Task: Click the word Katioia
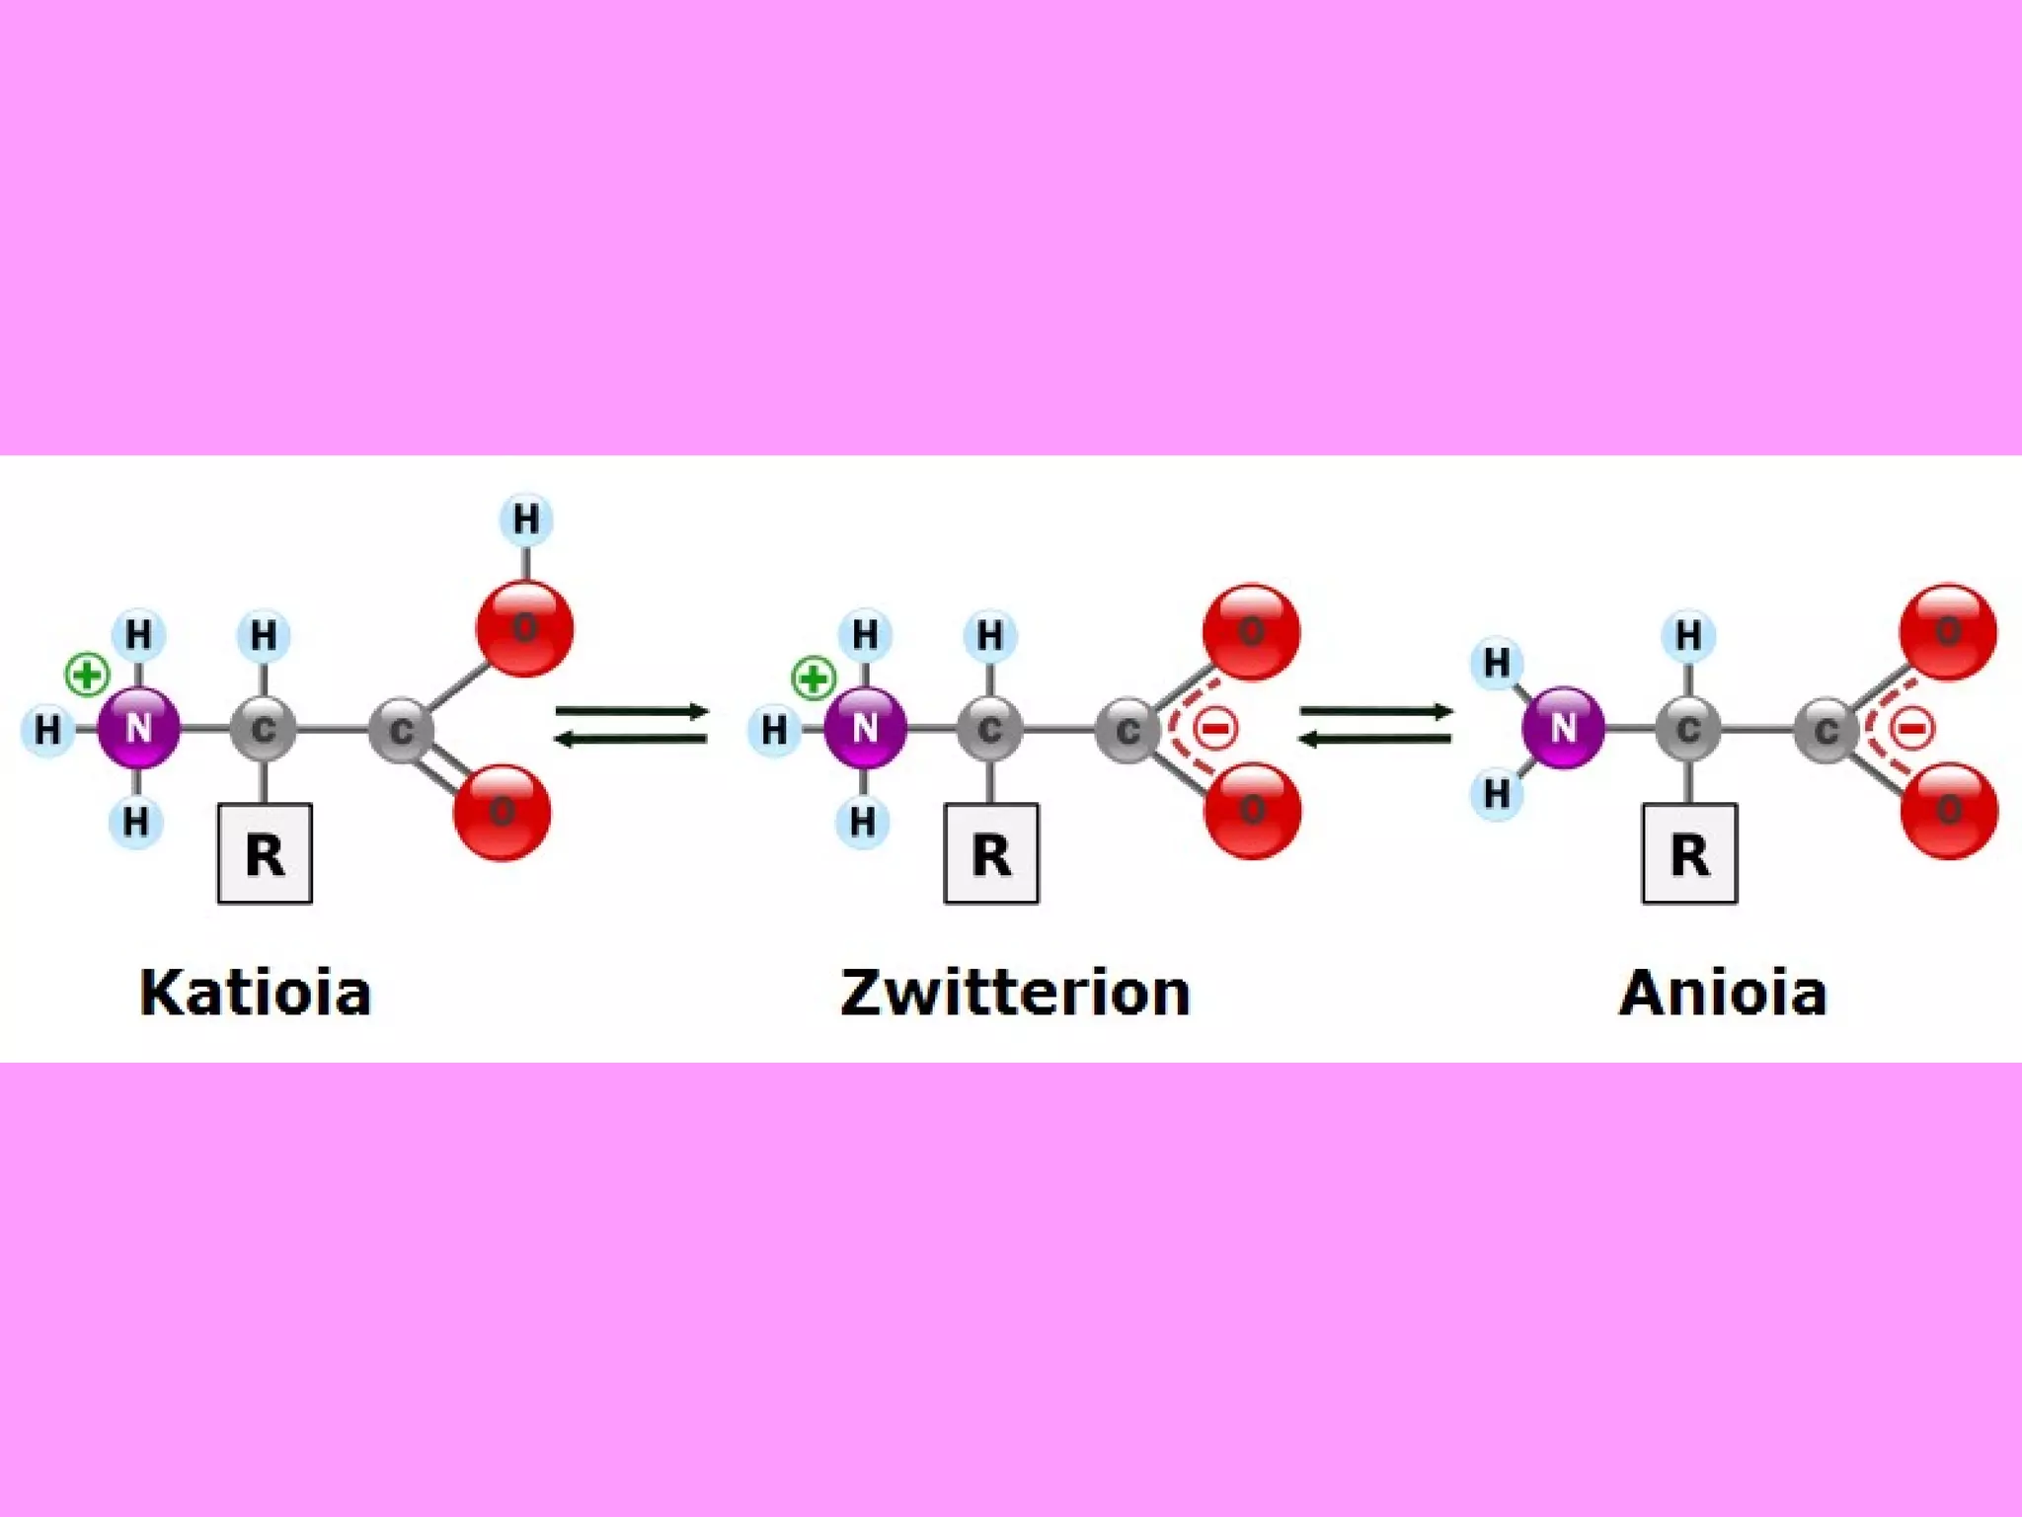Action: [x=255, y=993]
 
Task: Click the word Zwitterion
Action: [x=1015, y=993]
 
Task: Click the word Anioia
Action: [x=1723, y=993]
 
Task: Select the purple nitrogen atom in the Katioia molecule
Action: [x=139, y=728]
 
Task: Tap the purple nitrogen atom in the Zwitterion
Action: [x=865, y=728]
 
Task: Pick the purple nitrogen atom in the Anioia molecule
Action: [x=1563, y=728]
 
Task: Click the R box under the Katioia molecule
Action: [x=265, y=854]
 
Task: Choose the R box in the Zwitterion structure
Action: [x=991, y=854]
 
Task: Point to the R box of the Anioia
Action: [x=1689, y=854]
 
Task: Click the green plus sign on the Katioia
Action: [x=87, y=677]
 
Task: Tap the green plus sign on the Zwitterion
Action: [x=814, y=679]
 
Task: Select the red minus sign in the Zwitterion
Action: [x=1215, y=729]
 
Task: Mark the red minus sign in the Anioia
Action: [x=1912, y=729]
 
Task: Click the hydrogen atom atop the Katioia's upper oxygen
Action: [x=526, y=519]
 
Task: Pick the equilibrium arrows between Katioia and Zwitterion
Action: [x=632, y=725]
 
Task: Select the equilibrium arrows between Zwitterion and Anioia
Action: [x=1375, y=725]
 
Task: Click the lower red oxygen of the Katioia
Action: [x=502, y=812]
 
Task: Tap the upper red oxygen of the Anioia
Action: [x=1948, y=632]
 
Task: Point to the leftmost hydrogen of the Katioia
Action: [x=47, y=730]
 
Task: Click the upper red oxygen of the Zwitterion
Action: [x=1251, y=632]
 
